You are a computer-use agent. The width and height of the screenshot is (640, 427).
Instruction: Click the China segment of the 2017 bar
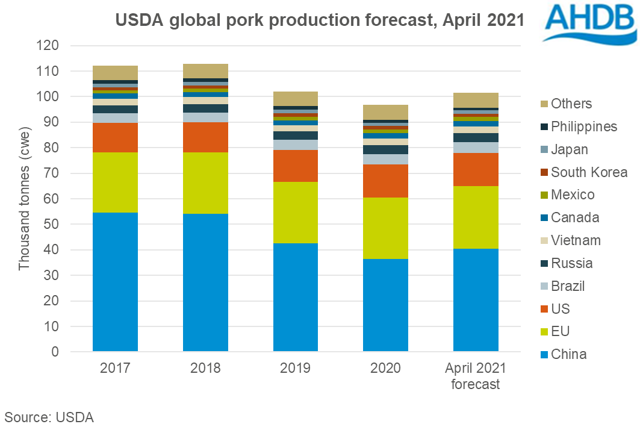(x=115, y=282)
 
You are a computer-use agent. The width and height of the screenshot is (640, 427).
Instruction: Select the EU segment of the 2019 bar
(x=296, y=212)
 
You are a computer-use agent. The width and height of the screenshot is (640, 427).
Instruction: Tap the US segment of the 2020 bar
(x=385, y=181)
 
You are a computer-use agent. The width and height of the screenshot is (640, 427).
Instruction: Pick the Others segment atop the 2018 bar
(x=205, y=71)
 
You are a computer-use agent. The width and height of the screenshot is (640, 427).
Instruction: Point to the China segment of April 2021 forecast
(x=476, y=300)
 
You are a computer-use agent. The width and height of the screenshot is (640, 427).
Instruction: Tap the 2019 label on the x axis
(x=296, y=368)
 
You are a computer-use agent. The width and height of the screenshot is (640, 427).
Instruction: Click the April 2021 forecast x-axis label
(x=476, y=376)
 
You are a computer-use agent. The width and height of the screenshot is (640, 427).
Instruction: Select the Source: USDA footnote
(x=49, y=416)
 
